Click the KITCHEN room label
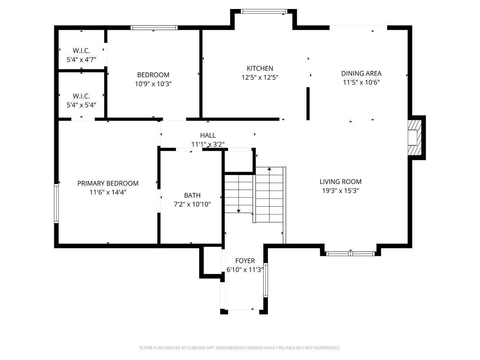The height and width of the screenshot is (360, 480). (x=260, y=68)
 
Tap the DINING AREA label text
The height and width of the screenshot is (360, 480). (x=361, y=73)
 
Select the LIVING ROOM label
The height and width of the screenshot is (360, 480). (x=341, y=182)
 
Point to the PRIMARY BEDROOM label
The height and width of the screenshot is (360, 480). (x=108, y=183)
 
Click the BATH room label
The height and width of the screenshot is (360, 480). (x=192, y=195)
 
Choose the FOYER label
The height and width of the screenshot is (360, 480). (x=245, y=261)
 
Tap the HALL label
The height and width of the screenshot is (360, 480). (x=208, y=135)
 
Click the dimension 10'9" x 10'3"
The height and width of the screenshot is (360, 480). (x=153, y=84)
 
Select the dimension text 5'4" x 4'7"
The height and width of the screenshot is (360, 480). (x=81, y=59)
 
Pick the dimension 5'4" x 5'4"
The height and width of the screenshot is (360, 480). (x=81, y=105)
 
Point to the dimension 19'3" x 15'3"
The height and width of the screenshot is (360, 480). (x=341, y=191)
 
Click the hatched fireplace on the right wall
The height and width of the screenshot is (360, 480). (x=414, y=138)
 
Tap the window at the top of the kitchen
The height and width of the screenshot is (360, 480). (x=264, y=12)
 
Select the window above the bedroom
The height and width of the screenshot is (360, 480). (x=154, y=28)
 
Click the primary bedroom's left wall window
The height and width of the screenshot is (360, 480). (x=57, y=203)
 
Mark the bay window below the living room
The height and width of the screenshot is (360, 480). (x=350, y=253)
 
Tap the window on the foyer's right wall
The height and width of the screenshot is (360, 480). (x=265, y=280)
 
